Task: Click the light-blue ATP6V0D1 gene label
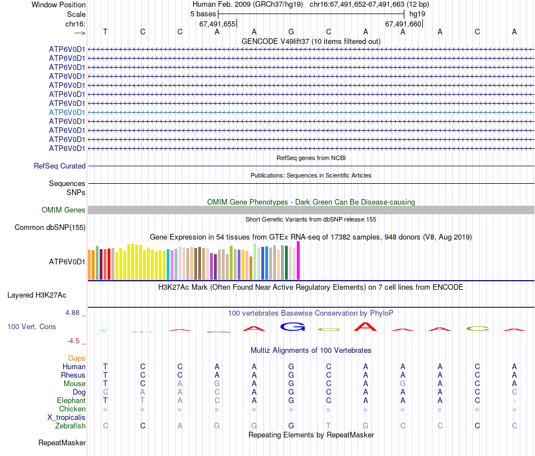[x=67, y=112]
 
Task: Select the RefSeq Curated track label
[x=60, y=166]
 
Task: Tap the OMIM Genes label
[x=64, y=210]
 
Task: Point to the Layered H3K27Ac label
[x=37, y=295]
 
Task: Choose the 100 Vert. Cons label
[x=32, y=326]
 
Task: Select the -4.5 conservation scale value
[x=74, y=340]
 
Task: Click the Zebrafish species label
[x=70, y=426]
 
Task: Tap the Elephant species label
[x=71, y=401]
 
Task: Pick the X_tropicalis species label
[x=66, y=418]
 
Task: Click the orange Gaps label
[x=77, y=358]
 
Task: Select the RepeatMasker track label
[x=62, y=443]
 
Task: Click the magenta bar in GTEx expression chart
[x=298, y=260]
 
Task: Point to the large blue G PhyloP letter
[x=291, y=326]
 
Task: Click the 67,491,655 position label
[x=217, y=24]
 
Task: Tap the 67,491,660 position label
[x=403, y=24]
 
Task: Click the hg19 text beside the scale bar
[x=417, y=14]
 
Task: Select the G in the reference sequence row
[x=291, y=32]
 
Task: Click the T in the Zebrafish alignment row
[x=328, y=426]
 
